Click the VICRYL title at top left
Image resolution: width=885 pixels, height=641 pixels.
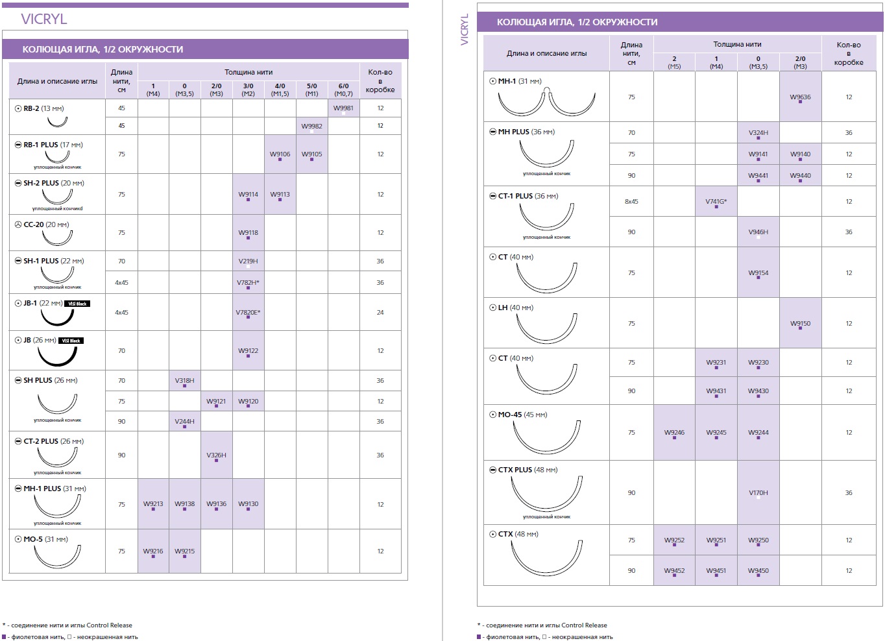point(44,19)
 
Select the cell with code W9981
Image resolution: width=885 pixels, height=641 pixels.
point(343,108)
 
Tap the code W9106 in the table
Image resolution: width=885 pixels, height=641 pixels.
point(280,154)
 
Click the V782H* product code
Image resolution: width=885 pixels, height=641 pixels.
point(248,282)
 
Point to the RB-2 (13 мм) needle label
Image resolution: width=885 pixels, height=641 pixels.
point(43,108)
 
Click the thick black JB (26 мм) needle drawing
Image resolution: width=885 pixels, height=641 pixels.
point(57,356)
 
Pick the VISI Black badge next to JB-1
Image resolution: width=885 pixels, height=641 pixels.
point(77,304)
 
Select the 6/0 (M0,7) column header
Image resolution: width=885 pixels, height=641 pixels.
point(343,90)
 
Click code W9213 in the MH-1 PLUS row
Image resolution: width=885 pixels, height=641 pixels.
point(153,504)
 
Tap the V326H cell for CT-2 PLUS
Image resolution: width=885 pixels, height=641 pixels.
point(216,455)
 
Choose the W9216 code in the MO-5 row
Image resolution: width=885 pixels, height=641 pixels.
point(153,551)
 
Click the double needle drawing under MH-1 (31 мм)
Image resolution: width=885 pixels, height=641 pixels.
point(546,101)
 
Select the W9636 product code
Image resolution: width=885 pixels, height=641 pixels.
point(800,97)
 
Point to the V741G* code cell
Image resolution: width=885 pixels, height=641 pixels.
point(716,201)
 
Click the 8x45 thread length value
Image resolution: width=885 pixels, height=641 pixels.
point(631,201)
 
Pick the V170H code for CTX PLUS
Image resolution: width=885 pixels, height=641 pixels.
point(758,492)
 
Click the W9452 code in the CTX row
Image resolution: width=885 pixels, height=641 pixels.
point(674,570)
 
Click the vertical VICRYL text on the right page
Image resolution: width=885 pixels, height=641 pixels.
point(465,29)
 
